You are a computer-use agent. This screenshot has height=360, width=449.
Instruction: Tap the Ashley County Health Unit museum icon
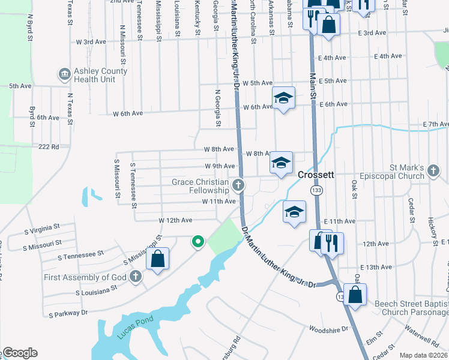pos(64,74)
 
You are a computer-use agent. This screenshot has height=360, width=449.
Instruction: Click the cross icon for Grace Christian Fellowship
pos(238,185)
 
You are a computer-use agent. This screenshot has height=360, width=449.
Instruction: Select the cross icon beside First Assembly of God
pos(136,277)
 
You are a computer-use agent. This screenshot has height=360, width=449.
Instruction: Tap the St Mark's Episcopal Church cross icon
pos(433,172)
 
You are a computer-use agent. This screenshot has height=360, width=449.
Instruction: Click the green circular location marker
pos(197,242)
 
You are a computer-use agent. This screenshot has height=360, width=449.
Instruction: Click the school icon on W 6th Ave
pos(284,97)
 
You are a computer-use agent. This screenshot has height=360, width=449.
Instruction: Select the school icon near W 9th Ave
pos(281,162)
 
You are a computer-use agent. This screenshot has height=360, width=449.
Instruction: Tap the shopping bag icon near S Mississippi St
pos(158,259)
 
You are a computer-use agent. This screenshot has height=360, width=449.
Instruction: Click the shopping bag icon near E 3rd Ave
pos(328,25)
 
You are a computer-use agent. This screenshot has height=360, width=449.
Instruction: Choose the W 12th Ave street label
pos(175,221)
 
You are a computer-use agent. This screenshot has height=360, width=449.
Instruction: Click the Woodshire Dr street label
pos(328,329)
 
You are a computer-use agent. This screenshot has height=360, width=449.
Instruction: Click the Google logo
pos(20,353)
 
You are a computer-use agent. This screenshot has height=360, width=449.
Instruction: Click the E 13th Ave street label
pos(376,267)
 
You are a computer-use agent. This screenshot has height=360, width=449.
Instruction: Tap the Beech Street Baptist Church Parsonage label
pos(411,308)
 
